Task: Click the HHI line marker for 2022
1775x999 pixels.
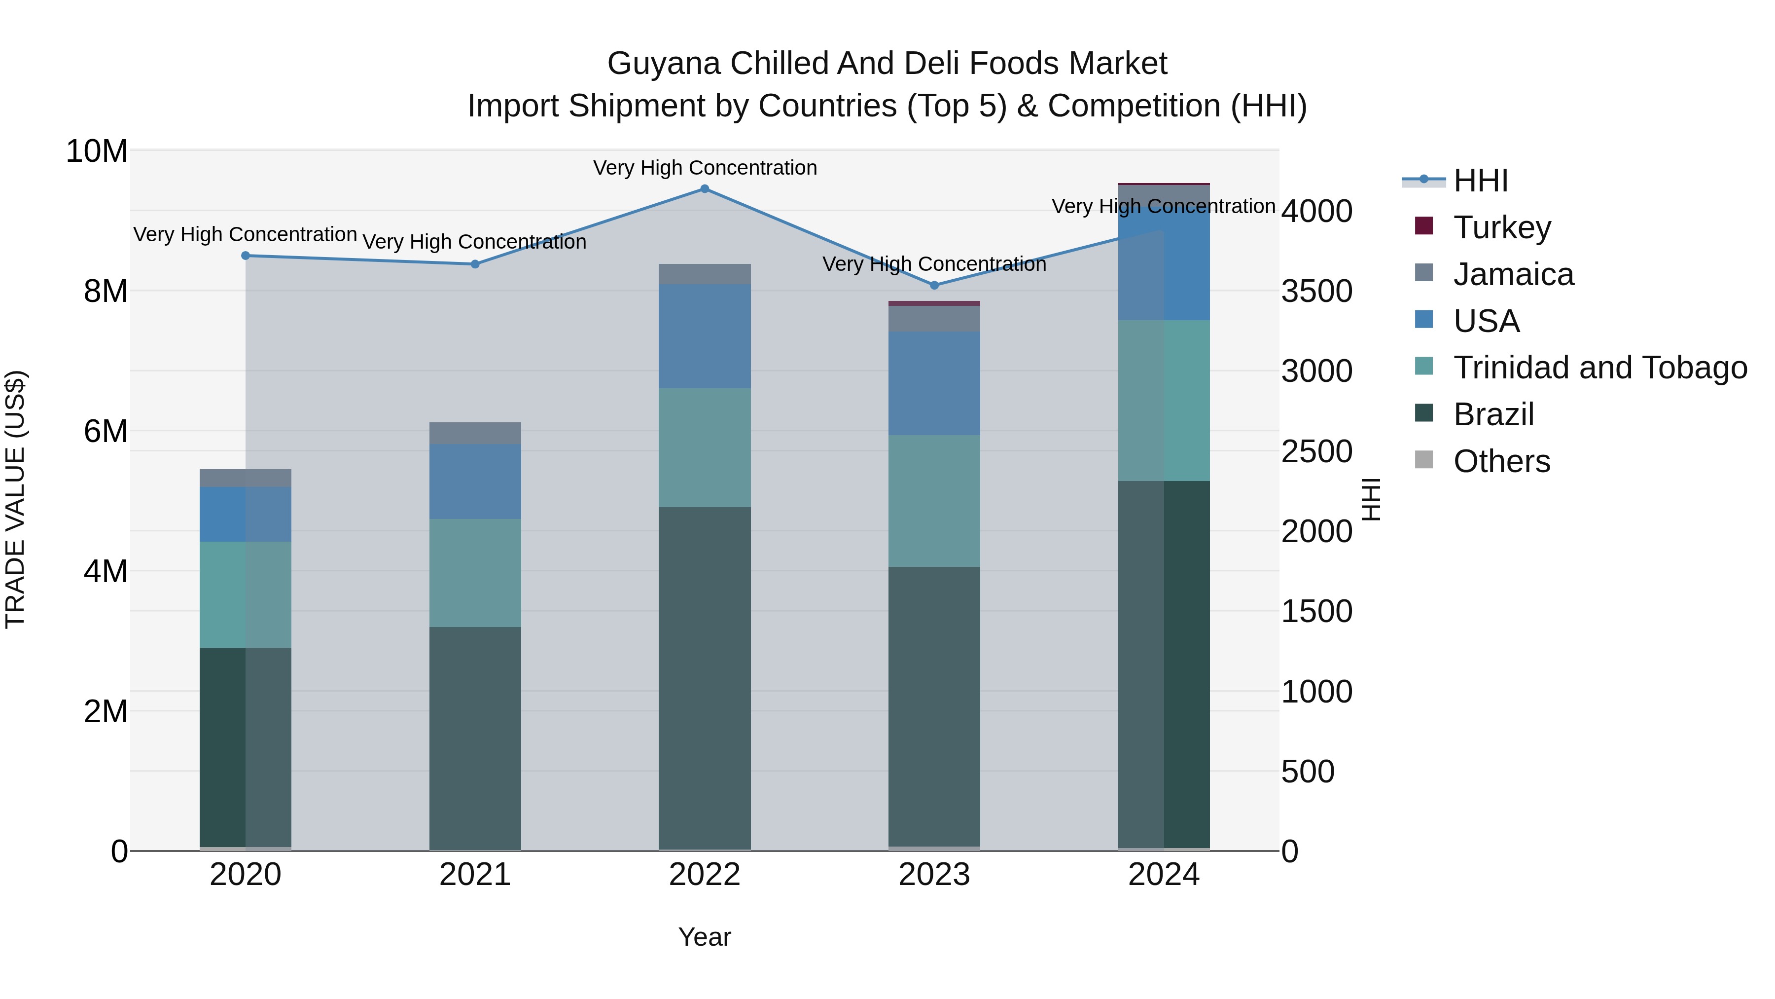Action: tap(704, 189)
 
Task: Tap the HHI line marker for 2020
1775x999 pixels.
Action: tap(246, 256)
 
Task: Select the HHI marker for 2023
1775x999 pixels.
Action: tap(934, 286)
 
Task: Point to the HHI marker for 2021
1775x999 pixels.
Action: tap(475, 264)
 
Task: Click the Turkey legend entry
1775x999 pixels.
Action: tap(1502, 227)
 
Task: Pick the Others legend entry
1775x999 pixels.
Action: tap(1501, 461)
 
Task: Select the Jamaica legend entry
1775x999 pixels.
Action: tap(1513, 274)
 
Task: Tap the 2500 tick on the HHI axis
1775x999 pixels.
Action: tap(1316, 451)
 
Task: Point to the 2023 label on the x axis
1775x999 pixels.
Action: tap(934, 875)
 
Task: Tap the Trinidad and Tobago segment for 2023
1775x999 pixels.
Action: tap(934, 501)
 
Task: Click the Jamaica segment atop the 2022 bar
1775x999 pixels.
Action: tap(704, 274)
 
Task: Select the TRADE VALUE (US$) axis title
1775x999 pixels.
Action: tap(15, 499)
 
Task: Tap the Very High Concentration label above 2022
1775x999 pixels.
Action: tap(704, 168)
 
